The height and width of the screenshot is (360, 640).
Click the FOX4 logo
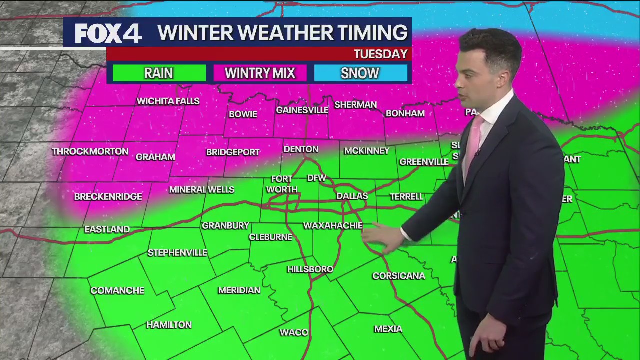[108, 33]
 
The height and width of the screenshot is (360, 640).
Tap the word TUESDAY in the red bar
[381, 54]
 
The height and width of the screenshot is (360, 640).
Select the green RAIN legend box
[159, 73]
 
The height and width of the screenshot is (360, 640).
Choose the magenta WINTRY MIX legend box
[260, 73]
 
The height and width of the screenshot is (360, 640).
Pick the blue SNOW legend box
[360, 73]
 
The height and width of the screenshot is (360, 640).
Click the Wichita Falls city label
[168, 101]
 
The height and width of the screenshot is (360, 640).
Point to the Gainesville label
[302, 110]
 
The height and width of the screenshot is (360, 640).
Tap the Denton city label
[301, 149]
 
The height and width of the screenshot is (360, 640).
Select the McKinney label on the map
[367, 151]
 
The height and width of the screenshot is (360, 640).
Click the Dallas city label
[352, 196]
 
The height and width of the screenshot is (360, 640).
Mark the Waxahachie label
[333, 226]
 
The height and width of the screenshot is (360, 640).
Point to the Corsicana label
[399, 276]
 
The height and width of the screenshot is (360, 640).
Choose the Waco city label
[294, 333]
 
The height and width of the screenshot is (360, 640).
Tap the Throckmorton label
[90, 151]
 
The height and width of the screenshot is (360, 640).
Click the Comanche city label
[117, 291]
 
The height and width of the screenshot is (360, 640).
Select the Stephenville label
[177, 253]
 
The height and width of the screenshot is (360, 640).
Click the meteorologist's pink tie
[472, 142]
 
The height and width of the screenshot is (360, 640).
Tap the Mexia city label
[388, 329]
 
